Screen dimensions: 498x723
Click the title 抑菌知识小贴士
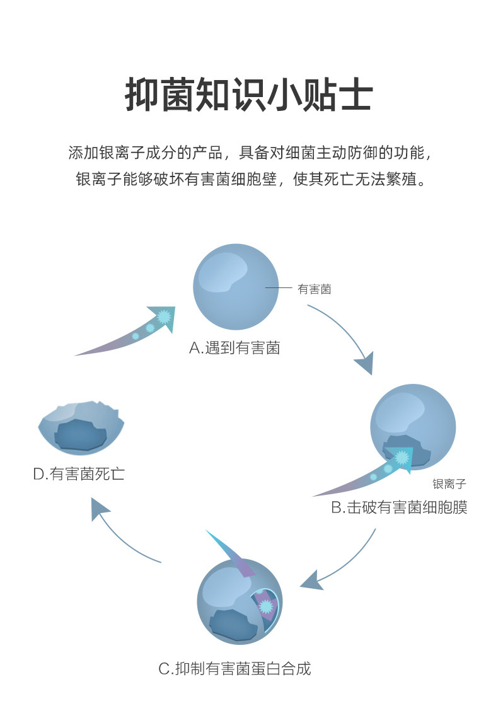[x=249, y=96]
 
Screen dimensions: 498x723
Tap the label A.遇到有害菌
[x=235, y=347]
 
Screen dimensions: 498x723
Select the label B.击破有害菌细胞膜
[x=399, y=507]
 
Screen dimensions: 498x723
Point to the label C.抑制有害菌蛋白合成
[x=235, y=668]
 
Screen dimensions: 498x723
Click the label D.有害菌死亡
[x=79, y=473]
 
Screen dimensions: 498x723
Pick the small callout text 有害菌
[x=314, y=289]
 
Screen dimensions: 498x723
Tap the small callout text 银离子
[x=449, y=484]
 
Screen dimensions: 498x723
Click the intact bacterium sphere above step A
[x=235, y=287]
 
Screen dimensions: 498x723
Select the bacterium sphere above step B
[x=412, y=425]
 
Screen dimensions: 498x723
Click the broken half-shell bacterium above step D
[x=81, y=427]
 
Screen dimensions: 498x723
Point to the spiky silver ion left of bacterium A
[x=165, y=316]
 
